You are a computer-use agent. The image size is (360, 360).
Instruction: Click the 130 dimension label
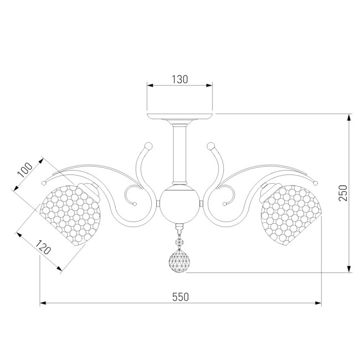tap(180, 79)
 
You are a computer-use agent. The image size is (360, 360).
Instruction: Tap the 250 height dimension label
tap(343, 193)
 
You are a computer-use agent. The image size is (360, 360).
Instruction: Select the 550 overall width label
tap(181, 297)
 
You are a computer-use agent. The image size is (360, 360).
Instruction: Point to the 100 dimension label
tap(25, 170)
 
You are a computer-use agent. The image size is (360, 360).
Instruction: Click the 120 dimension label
tap(43, 247)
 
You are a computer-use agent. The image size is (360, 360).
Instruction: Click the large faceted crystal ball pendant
tap(179, 261)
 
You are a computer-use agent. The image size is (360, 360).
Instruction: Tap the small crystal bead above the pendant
tap(179, 242)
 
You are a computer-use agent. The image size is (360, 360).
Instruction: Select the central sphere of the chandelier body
tap(179, 204)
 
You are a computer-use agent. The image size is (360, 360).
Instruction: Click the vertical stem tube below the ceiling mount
tap(179, 154)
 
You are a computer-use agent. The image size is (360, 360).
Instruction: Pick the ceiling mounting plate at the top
tap(179, 116)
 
